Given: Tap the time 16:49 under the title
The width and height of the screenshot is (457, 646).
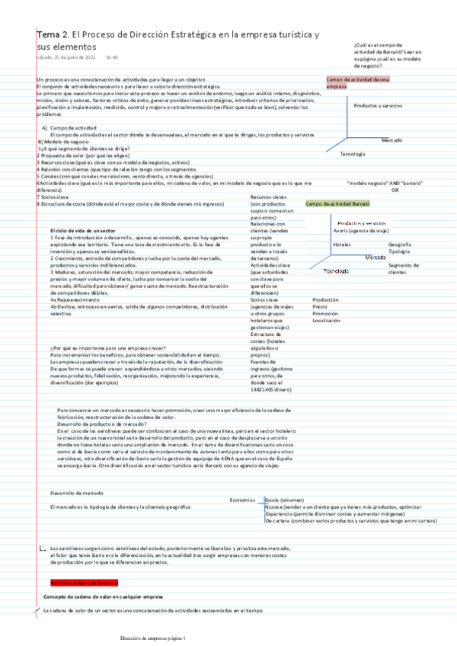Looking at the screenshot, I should pos(111,57).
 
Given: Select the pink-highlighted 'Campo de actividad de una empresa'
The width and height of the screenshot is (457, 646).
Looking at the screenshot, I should pos(358,82).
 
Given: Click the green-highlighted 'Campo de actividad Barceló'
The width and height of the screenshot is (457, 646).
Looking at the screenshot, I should pos(338,203).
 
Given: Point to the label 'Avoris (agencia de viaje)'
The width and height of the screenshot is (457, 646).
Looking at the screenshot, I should pos(363,229).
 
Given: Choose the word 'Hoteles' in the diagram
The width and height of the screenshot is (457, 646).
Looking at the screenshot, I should pos(342,244).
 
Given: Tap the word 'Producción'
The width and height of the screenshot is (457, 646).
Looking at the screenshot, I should pos(325,299).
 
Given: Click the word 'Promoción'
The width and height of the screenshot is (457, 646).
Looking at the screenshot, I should pos(325,313).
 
